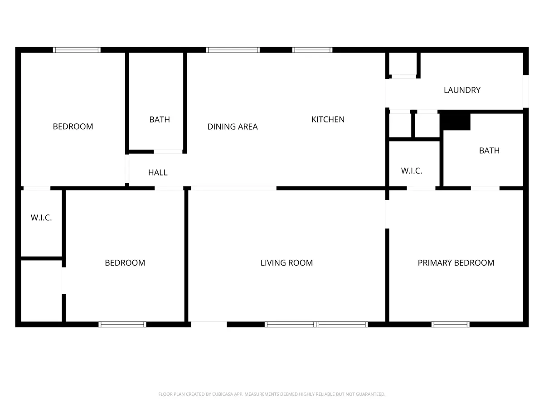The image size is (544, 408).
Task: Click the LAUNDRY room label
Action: (x=462, y=90)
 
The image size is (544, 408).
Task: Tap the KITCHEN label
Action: (x=328, y=119)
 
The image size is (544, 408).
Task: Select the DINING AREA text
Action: (x=233, y=126)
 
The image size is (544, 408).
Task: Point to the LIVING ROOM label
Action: (x=287, y=262)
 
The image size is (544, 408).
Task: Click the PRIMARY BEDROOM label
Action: (x=456, y=262)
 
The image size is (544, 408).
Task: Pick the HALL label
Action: (x=158, y=172)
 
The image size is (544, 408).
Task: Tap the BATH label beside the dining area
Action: (x=160, y=119)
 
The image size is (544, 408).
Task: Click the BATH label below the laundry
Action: (x=489, y=151)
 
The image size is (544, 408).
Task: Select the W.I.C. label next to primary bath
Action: (x=412, y=171)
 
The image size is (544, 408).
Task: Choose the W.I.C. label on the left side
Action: (x=41, y=218)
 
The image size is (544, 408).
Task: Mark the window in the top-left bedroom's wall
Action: (x=77, y=50)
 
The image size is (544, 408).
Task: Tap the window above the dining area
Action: (x=233, y=50)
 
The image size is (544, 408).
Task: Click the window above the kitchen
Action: (x=312, y=50)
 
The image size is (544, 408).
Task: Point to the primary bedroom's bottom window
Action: (x=450, y=324)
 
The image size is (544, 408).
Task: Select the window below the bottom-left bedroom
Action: (x=122, y=324)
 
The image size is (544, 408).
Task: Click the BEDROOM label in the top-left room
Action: (x=73, y=126)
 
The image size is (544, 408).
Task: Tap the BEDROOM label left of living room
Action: (x=125, y=262)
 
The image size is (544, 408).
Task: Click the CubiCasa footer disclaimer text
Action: (x=272, y=394)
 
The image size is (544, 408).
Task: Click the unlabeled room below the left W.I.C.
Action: (x=41, y=291)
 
